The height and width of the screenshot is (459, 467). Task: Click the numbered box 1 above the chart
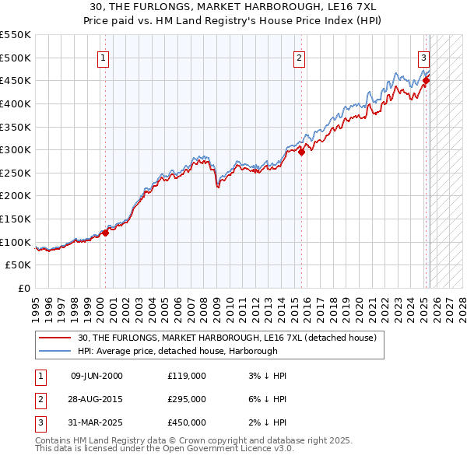[x=104, y=57]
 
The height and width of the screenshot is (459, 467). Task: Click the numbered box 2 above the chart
[x=300, y=57]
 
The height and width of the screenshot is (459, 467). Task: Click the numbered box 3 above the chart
[x=423, y=57]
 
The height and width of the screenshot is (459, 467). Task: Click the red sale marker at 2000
[x=105, y=233]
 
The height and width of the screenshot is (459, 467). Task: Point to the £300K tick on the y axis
[x=16, y=149]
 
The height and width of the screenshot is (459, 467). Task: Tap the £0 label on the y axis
[x=24, y=288]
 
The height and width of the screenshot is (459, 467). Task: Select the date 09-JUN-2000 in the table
[x=97, y=376]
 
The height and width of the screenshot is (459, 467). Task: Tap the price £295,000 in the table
[x=186, y=399]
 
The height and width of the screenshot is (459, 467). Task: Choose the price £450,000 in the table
[x=186, y=422]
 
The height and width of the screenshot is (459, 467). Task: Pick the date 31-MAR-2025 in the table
[x=97, y=422]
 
